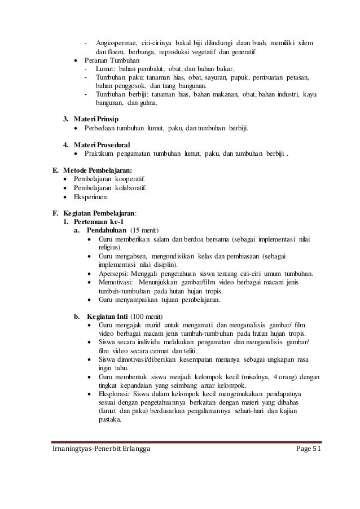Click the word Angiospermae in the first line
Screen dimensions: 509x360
pyautogui.click(x=116, y=43)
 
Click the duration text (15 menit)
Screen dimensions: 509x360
pyautogui.click(x=145, y=231)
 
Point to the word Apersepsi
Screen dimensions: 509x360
pyautogui.click(x=113, y=274)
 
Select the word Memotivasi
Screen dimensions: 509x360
pyautogui.click(x=114, y=282)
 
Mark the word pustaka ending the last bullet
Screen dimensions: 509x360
pyautogui.click(x=109, y=419)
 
